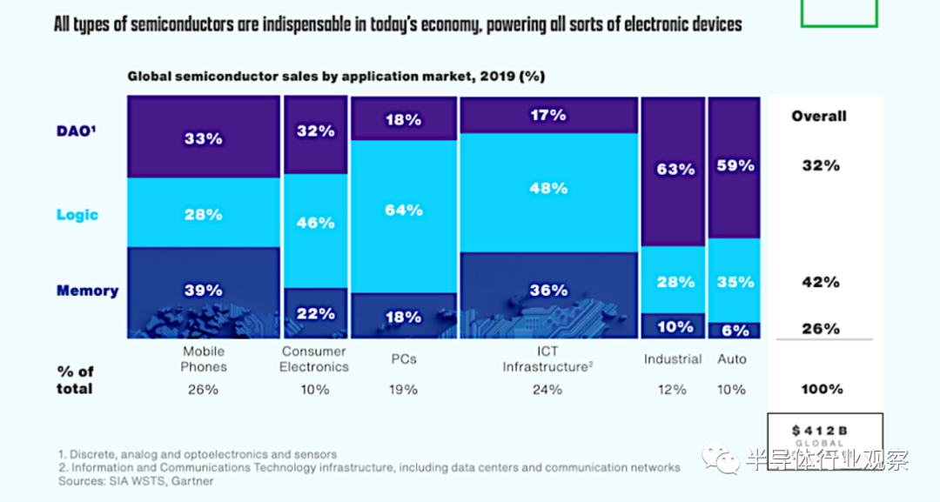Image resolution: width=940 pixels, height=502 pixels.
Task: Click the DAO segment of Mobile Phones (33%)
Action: (x=203, y=137)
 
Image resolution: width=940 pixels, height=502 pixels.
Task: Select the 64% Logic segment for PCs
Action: (x=404, y=210)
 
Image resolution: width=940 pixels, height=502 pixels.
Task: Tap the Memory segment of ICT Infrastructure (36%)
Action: (x=548, y=291)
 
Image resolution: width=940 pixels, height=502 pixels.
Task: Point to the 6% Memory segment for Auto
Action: (x=734, y=330)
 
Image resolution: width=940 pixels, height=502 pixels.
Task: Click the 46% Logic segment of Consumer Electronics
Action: (x=314, y=223)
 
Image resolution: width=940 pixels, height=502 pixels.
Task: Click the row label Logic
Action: (x=77, y=215)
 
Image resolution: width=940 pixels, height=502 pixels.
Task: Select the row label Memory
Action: (x=87, y=291)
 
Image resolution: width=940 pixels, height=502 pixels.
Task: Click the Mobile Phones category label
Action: (x=203, y=358)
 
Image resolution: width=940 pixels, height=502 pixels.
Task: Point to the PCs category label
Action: (x=404, y=358)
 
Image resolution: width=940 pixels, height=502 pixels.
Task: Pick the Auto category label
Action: (x=732, y=358)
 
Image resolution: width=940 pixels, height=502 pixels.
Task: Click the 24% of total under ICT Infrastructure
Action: (x=548, y=390)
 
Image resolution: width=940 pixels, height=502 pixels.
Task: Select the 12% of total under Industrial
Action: (x=672, y=390)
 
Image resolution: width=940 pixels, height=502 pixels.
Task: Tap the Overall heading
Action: (x=818, y=116)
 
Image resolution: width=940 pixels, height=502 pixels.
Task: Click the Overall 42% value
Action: (x=821, y=282)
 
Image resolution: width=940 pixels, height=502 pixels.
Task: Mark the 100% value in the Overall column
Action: (x=822, y=390)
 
